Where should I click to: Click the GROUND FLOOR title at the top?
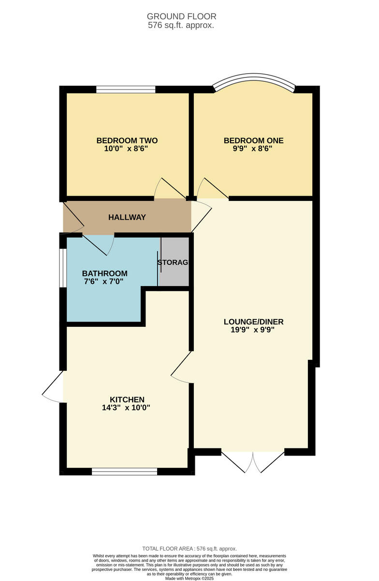[181, 16]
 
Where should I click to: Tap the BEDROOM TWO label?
[127, 140]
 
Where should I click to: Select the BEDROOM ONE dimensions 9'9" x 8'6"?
[253, 149]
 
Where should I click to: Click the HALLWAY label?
[127, 217]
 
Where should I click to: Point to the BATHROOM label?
[104, 273]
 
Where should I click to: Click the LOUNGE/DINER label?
[253, 321]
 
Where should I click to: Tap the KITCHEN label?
[127, 399]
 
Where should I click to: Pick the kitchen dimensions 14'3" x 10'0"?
[127, 408]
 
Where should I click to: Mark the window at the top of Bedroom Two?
[126, 89]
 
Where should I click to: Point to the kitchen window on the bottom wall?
[125, 471]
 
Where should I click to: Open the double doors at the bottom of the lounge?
[253, 462]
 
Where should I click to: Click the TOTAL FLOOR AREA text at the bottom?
[189, 549]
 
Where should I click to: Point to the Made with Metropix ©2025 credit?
[189, 578]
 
